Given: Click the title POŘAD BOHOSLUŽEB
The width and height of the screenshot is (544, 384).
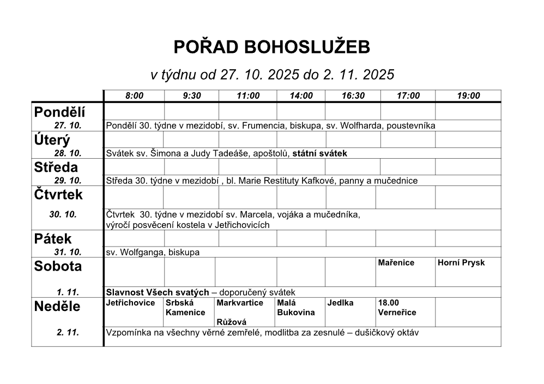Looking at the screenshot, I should click(271, 48).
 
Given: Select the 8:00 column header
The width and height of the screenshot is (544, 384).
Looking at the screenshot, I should click(134, 96).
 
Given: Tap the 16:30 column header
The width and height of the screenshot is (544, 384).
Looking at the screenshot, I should click(353, 96).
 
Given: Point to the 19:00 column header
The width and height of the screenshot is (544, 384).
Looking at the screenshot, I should click(468, 96).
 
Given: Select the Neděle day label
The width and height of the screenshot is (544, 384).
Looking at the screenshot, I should click(57, 307).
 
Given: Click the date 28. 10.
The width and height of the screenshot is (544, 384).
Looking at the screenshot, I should click(68, 153).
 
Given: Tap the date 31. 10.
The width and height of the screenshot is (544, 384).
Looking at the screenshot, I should click(68, 252).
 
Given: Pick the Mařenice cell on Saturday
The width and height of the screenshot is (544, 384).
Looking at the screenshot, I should click(396, 263).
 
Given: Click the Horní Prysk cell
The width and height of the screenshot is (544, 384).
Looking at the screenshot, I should click(461, 263).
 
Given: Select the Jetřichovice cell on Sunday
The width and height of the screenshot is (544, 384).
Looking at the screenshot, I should click(131, 303).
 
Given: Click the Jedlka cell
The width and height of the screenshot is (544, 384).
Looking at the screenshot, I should click(341, 303).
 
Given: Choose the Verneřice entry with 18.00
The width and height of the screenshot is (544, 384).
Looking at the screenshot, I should click(397, 308).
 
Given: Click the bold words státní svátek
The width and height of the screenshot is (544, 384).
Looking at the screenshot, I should click(320, 153).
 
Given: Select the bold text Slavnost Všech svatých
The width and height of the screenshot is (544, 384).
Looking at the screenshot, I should click(158, 292).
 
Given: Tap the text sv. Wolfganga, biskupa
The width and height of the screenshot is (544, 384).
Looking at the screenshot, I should click(153, 252).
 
